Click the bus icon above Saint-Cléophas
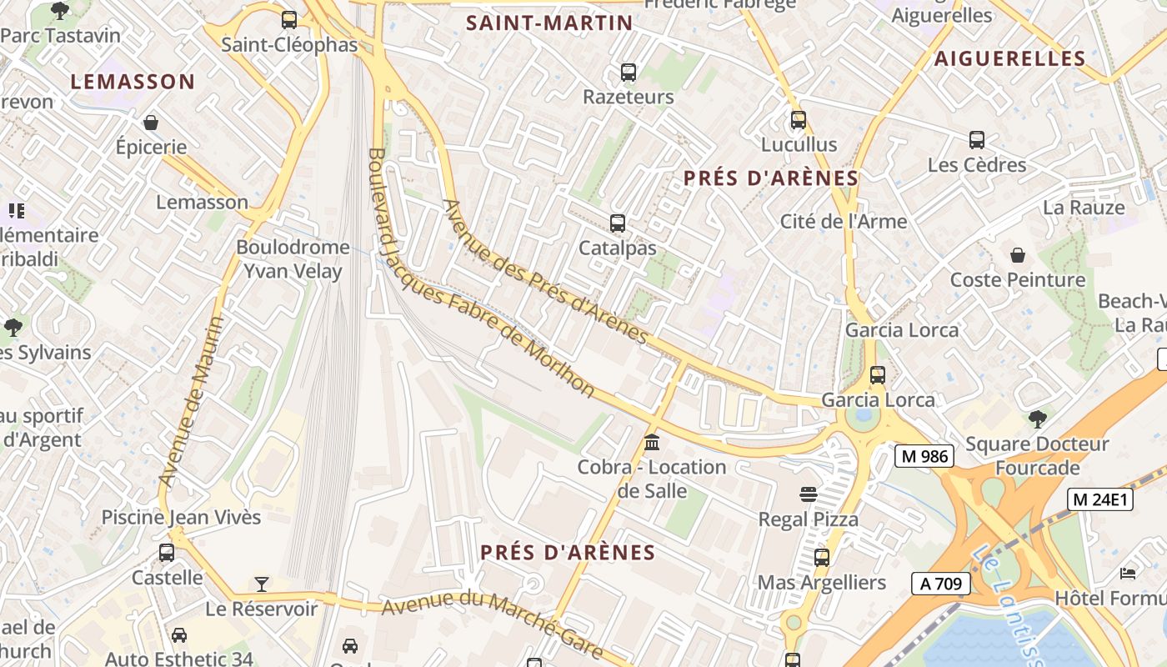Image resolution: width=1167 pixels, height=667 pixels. (289, 20)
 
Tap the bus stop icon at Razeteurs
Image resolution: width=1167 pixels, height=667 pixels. (629, 73)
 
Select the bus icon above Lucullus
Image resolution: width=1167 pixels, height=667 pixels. (799, 120)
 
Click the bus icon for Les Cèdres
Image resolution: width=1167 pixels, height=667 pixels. (977, 140)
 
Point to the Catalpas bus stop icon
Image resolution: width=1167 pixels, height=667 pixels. (618, 223)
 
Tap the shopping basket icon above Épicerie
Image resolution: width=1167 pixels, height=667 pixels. (151, 123)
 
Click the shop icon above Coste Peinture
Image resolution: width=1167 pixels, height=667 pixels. (1018, 255)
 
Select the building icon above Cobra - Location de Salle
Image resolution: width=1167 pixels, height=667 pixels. (652, 442)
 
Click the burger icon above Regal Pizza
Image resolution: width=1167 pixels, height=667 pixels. (808, 494)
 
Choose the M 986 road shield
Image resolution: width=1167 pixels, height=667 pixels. (924, 456)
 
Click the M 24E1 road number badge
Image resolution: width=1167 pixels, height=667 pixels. (1100, 499)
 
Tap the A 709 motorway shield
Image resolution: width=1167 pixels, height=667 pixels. (939, 584)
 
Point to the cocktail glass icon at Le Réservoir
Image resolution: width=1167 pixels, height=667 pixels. (262, 584)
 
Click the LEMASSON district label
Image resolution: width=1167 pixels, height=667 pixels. (133, 82)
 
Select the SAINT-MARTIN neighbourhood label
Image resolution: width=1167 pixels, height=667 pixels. (549, 23)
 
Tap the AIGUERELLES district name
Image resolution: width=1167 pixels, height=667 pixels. (1009, 58)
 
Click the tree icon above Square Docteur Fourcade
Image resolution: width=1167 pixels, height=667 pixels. (1038, 419)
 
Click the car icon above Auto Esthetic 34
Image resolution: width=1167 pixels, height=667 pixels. (179, 635)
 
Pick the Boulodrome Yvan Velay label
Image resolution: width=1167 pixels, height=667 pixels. (293, 258)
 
